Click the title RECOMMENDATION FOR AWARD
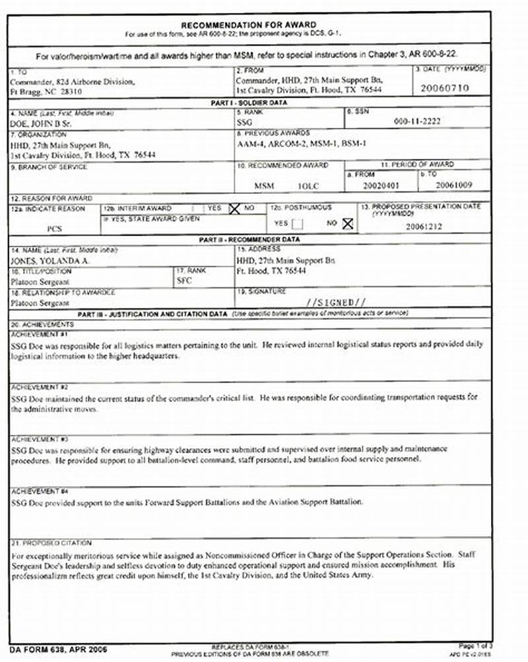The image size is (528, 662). [x=248, y=24]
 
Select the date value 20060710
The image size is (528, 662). [x=444, y=87]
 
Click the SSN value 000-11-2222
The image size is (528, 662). [x=416, y=121]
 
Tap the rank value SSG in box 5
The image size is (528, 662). [x=244, y=122]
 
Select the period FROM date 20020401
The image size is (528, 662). [x=381, y=185]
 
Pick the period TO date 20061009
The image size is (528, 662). [x=454, y=185]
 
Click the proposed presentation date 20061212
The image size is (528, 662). [x=424, y=226]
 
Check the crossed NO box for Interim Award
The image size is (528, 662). [x=234, y=208]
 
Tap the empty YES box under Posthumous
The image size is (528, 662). [x=298, y=224]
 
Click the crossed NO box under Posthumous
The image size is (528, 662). [x=347, y=224]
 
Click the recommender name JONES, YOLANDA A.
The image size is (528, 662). [x=50, y=261]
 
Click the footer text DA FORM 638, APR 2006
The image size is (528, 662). [x=51, y=649]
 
